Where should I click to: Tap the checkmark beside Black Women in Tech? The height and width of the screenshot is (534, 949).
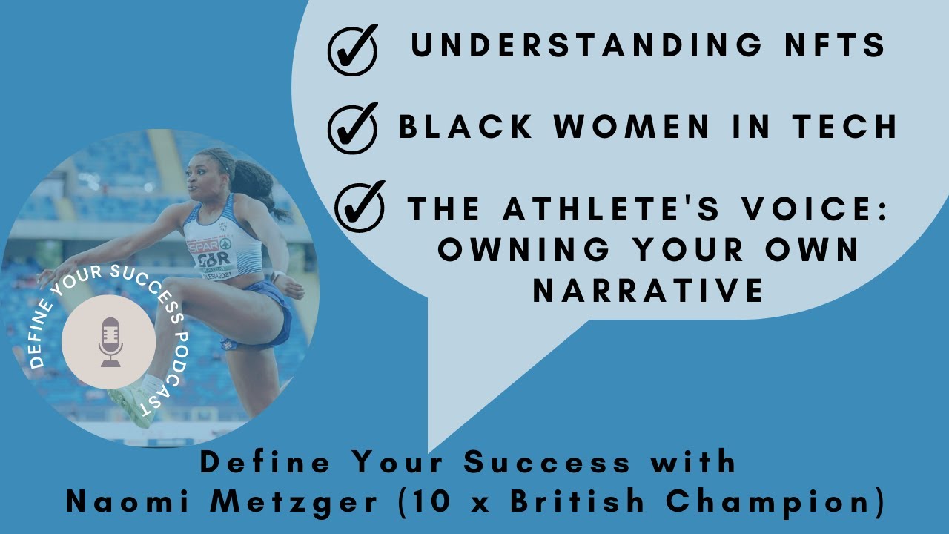(x=352, y=128)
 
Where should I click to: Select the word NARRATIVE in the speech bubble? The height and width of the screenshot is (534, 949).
(x=648, y=291)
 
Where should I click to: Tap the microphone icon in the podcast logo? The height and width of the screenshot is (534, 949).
(x=110, y=342)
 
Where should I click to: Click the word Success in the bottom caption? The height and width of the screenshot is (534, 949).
(x=547, y=463)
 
